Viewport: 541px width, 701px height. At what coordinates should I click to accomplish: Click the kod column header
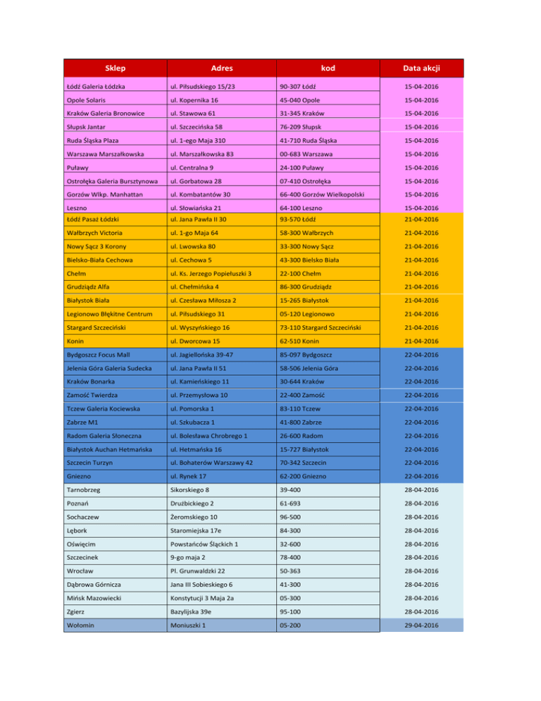328,68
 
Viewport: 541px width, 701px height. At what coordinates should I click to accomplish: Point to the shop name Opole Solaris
108,100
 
